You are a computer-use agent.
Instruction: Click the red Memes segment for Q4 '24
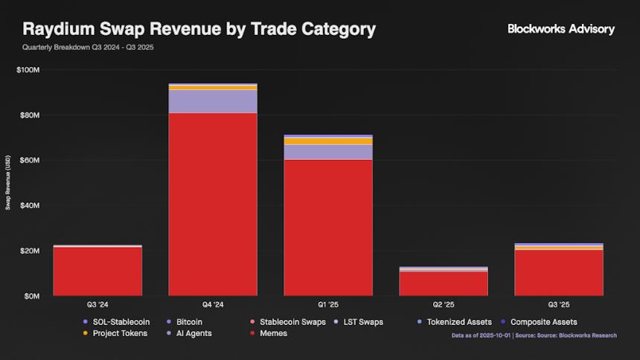pos(213,204)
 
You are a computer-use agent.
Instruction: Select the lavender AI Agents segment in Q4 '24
pos(213,101)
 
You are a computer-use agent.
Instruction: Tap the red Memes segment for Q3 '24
pos(97,271)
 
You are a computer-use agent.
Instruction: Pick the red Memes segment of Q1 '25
pos(328,228)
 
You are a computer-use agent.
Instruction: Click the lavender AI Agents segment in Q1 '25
pos(328,152)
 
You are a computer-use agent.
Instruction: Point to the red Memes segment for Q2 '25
pos(444,283)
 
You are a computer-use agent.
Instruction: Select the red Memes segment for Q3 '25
pos(559,272)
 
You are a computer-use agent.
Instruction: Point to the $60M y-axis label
pos(30,161)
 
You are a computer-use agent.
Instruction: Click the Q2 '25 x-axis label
pos(444,305)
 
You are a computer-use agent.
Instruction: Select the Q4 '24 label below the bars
pos(213,305)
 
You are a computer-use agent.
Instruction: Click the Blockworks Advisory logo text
pos(561,29)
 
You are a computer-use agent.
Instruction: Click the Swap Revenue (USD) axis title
pos(8,183)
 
